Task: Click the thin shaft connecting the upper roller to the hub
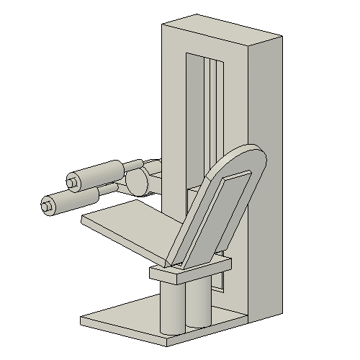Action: (x=132, y=165)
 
